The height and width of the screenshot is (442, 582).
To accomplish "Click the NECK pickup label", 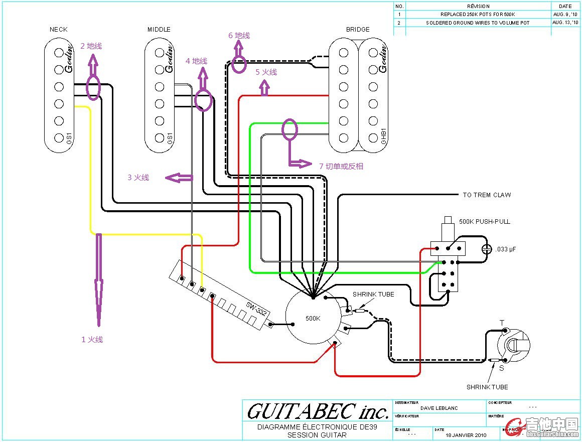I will (58, 30).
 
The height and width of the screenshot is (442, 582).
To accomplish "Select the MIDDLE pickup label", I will (159, 30).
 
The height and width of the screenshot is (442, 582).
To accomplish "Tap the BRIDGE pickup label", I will (358, 30).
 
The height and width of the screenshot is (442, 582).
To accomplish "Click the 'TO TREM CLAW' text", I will (487, 195).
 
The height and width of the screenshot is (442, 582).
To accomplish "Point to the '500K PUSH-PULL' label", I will (484, 221).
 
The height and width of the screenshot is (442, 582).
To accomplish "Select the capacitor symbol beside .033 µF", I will (486, 249).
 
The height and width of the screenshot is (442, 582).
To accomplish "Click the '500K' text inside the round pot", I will (313, 318).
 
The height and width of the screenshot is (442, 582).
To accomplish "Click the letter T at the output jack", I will (502, 323).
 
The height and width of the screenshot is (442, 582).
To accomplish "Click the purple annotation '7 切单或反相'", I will (341, 166).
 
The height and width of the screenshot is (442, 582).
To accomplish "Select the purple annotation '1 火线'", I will (92, 340).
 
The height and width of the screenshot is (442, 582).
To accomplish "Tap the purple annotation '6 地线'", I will (239, 36).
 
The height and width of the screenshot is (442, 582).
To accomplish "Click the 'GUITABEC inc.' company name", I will (318, 412).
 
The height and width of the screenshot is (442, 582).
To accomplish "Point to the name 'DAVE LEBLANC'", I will (439, 408).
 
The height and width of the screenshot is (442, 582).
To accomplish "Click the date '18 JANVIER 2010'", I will (466, 435).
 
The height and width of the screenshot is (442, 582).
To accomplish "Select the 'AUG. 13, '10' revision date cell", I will (565, 23).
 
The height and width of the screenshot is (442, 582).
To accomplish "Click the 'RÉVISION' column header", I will (478, 7).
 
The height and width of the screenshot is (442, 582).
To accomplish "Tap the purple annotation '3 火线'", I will (138, 178).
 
